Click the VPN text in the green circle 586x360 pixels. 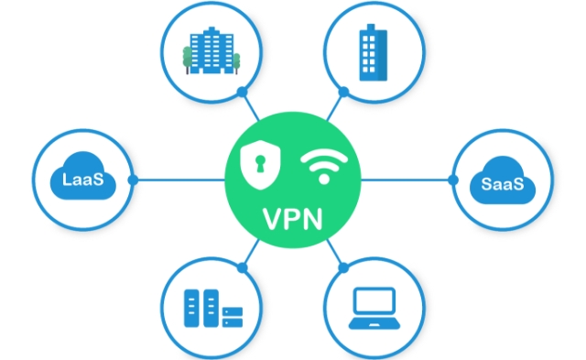pos(292,221)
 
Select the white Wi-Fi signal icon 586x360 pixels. pos(323,166)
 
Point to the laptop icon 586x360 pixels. pos(373,309)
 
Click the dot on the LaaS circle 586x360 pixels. pos(134,180)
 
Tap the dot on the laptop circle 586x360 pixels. pos(344,267)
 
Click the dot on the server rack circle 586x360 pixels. pos(242,267)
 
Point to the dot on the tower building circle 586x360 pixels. pos(343,92)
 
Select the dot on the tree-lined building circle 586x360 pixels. pos(241,92)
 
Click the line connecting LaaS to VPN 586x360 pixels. pos(179,180)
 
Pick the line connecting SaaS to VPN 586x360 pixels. pos(407,180)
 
